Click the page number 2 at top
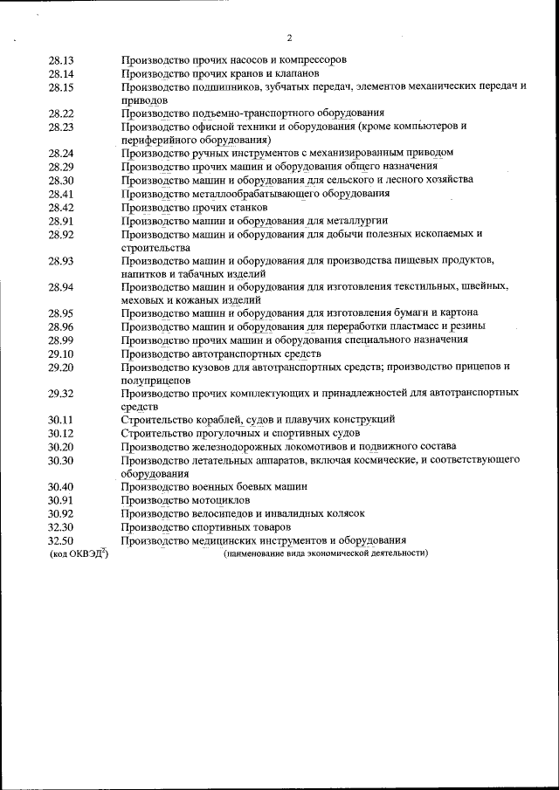coord(289,38)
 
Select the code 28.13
coord(61,60)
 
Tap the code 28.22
coord(61,113)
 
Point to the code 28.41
coord(61,194)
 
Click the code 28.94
coord(61,287)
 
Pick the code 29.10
coord(61,354)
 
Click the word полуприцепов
coord(156,381)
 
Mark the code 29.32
coord(61,393)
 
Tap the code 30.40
coord(61,486)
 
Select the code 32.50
coord(61,540)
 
